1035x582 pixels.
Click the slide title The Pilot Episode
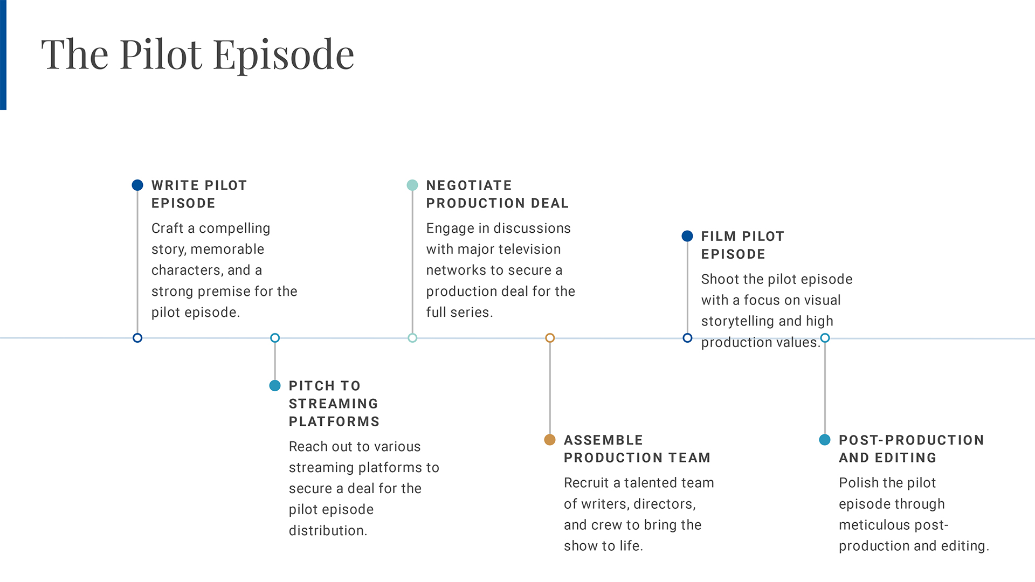[x=197, y=55]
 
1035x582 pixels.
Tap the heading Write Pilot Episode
[x=199, y=194]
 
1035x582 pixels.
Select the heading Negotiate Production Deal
[x=498, y=194]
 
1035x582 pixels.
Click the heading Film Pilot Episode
[x=743, y=245]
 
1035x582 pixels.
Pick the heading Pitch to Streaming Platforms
[x=334, y=404]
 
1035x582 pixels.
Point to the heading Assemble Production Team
[x=637, y=449]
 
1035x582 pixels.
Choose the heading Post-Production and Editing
[x=912, y=449]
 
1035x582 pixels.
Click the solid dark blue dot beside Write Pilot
[x=137, y=185]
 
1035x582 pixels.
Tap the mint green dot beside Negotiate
[x=412, y=185]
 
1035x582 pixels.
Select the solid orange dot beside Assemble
[x=550, y=440]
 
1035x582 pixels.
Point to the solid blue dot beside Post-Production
[x=825, y=440]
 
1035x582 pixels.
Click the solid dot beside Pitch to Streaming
[x=275, y=385]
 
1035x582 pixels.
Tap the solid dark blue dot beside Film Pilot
[x=687, y=236]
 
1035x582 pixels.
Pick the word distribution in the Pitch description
[x=328, y=531]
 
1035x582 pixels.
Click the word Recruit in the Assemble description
[x=586, y=483]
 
